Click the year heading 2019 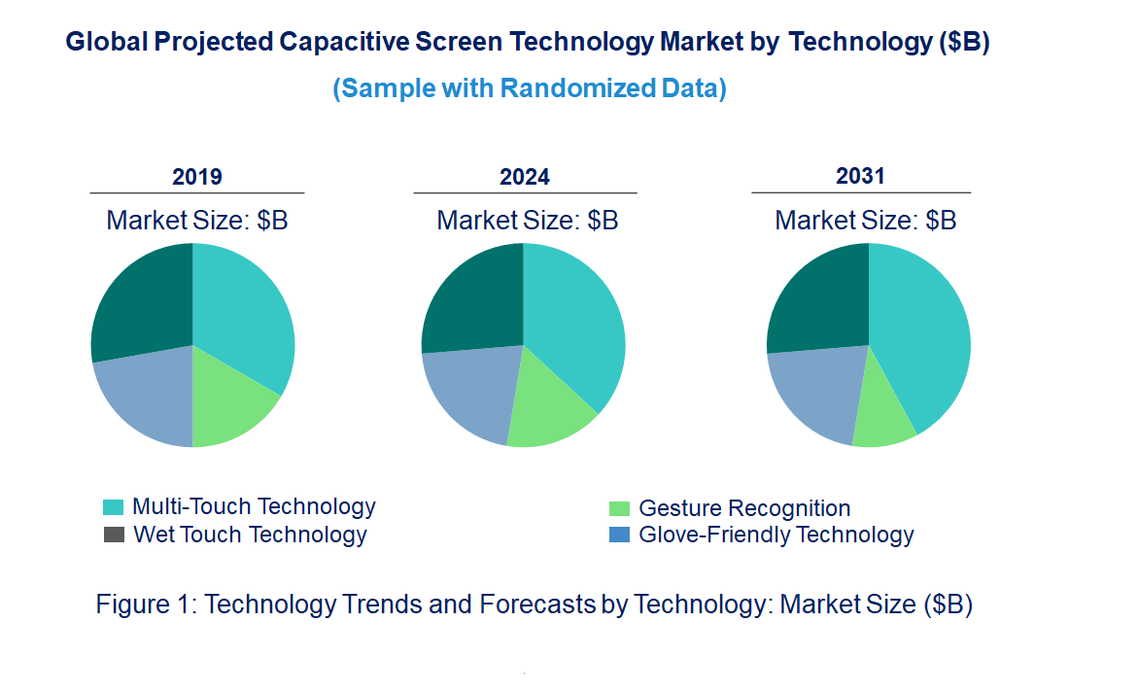coord(197,177)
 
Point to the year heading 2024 coord(525,177)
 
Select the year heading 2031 coord(861,176)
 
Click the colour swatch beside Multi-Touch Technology coord(114,507)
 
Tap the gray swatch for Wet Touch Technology coord(114,535)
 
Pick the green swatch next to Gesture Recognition coord(619,508)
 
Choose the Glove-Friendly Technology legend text coord(775,535)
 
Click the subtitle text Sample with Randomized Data coord(530,88)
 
